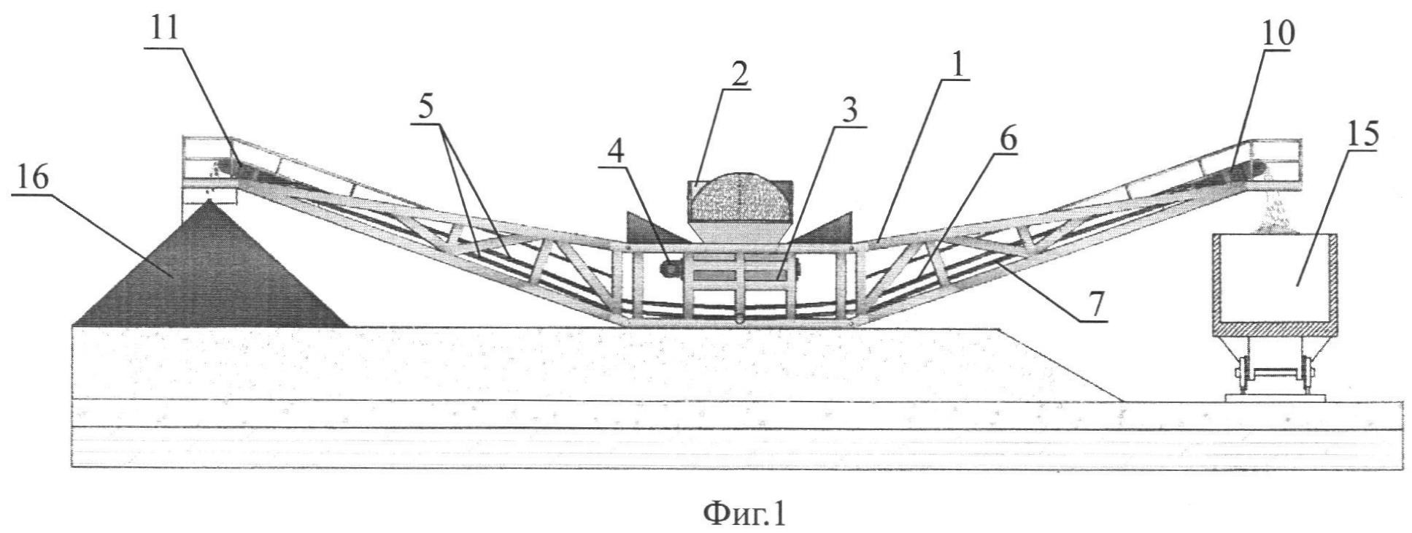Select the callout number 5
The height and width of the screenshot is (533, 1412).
(426, 107)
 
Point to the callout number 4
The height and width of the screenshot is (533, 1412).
(617, 150)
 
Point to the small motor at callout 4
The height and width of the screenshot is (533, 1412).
(669, 268)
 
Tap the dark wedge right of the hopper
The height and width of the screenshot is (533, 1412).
(825, 226)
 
